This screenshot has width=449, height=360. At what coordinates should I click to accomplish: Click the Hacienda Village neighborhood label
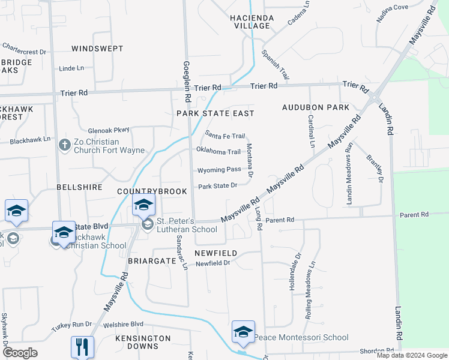252,22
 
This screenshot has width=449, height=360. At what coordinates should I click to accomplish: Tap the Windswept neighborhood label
97,48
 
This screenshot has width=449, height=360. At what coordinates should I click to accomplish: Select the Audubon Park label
316,107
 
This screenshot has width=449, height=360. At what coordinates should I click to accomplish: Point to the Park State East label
215,113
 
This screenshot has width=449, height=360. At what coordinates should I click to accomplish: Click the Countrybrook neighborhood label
152,191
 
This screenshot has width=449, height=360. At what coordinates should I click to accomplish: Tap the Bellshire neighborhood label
79,187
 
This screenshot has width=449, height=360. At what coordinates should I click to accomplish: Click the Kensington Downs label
143,343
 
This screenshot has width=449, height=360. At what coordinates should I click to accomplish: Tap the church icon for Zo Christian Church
65,145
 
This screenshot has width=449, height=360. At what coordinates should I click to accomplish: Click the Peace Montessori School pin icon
243,332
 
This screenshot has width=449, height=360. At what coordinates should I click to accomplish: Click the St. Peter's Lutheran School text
187,225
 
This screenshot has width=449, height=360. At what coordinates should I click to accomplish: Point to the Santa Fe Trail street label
225,136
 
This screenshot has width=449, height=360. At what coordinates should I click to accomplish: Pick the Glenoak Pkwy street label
109,130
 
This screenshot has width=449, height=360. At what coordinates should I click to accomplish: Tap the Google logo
20,353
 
